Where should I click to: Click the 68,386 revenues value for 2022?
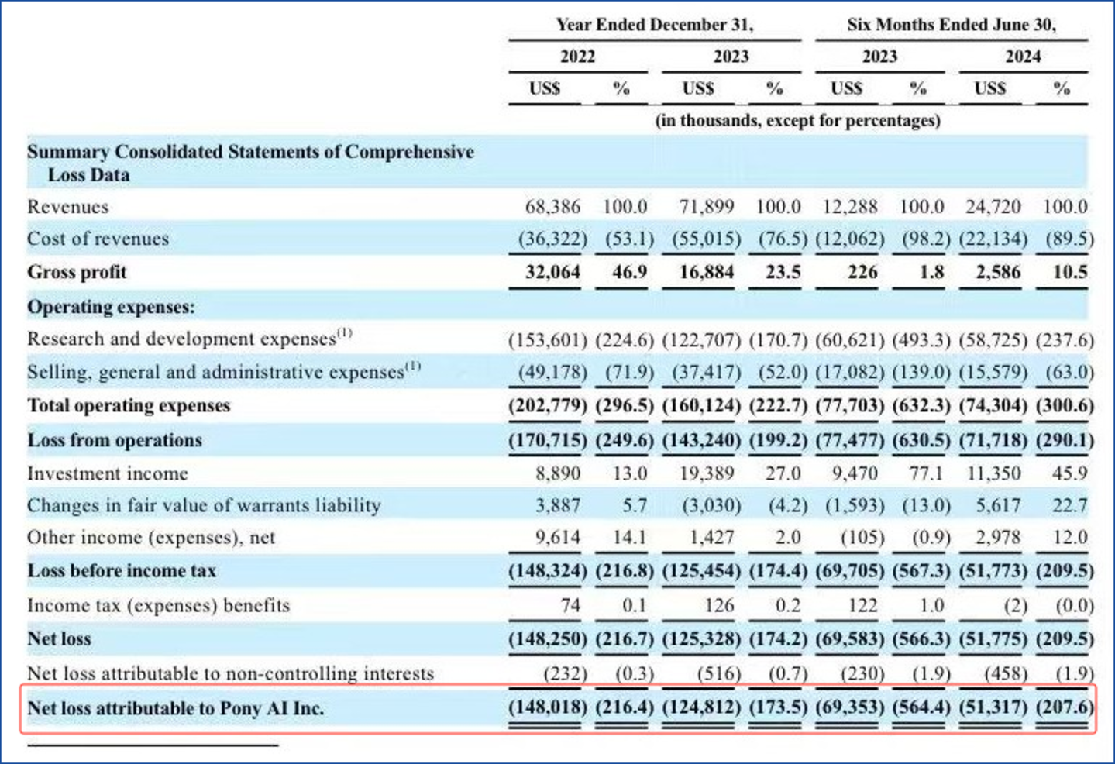click(552, 207)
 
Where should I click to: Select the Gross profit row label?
click(77, 272)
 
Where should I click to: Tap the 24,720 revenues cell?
click(993, 207)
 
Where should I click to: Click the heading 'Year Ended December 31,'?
click(654, 25)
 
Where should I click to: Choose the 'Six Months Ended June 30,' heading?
click(951, 25)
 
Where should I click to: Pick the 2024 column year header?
click(1023, 57)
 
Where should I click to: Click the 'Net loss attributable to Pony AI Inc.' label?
click(176, 708)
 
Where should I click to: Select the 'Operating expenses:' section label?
click(111, 307)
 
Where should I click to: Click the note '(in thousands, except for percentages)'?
click(797, 121)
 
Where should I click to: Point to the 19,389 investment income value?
click(706, 473)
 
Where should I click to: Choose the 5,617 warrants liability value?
click(998, 506)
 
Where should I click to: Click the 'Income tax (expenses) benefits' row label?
click(158, 605)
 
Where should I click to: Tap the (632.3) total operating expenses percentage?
click(921, 405)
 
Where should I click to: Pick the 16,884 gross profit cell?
click(706, 272)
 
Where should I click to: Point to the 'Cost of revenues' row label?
click(98, 239)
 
